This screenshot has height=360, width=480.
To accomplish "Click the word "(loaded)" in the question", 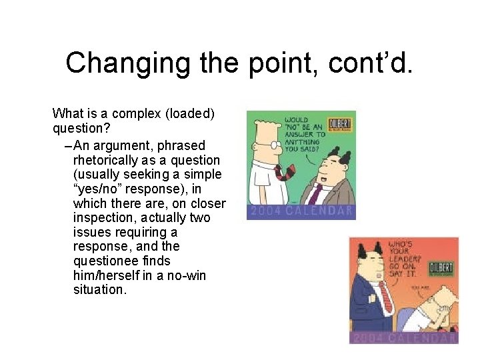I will pyautogui.click(x=188, y=113).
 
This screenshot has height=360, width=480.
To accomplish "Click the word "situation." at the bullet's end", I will pyautogui.click(x=99, y=291).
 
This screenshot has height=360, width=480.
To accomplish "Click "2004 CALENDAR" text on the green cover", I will pyautogui.click(x=301, y=212).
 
